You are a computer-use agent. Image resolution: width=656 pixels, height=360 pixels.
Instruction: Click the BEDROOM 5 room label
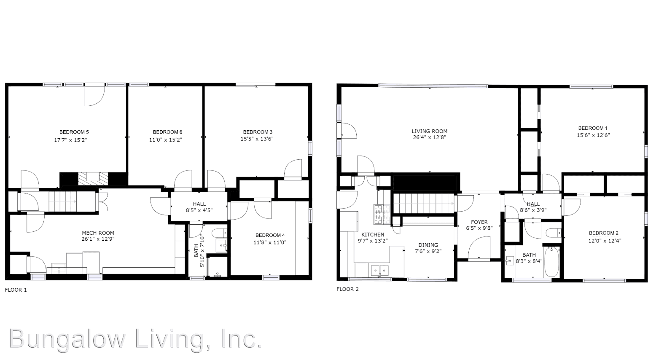click(x=74, y=132)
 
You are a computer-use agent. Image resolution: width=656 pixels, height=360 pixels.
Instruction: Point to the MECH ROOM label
click(x=98, y=233)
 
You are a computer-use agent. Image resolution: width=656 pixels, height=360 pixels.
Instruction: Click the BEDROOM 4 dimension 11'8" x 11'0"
click(x=270, y=242)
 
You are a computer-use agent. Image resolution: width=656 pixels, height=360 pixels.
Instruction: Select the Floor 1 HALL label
click(x=199, y=204)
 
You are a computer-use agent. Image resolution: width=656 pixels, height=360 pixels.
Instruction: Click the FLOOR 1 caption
click(x=16, y=290)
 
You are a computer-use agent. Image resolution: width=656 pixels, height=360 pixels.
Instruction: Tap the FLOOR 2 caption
click(x=347, y=289)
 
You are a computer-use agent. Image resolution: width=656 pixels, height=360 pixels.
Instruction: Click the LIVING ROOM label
click(x=429, y=131)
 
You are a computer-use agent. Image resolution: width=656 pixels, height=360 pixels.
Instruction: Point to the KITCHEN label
click(x=373, y=234)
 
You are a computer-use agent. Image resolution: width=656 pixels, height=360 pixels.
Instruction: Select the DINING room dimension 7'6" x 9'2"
click(x=428, y=252)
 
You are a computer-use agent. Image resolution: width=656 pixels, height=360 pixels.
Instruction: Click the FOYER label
click(x=479, y=222)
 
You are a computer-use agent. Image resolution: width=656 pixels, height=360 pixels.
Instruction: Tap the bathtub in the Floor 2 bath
click(x=551, y=262)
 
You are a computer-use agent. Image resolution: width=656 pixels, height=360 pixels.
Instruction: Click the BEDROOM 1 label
click(x=593, y=128)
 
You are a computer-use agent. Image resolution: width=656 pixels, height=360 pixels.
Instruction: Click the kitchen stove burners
click(x=378, y=214)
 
